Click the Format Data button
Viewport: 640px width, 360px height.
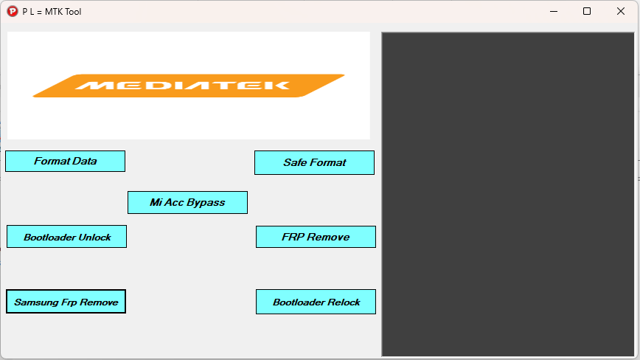[65, 161]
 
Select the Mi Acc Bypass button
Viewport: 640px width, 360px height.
[187, 202]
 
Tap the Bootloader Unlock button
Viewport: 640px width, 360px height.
[66, 237]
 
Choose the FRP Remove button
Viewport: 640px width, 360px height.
[316, 237]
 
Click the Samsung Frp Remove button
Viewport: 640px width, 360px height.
[66, 302]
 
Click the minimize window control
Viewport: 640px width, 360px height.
[553, 11]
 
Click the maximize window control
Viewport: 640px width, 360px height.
[587, 11]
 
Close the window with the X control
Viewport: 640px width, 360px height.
[621, 11]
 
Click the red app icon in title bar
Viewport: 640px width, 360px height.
[12, 12]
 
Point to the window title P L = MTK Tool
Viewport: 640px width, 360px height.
[52, 12]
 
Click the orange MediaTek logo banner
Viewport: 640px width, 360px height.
[189, 86]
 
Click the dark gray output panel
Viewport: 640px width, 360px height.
[507, 194]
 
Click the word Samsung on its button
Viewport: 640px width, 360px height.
[35, 302]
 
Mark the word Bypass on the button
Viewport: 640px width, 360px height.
[206, 202]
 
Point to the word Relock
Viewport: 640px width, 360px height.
[344, 302]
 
